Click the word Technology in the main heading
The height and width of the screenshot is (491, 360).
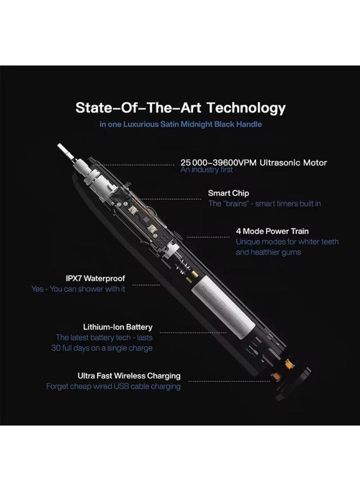tap(246, 108)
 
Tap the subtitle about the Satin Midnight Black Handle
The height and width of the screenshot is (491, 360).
tap(181, 124)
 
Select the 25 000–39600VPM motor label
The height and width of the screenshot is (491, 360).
tap(254, 163)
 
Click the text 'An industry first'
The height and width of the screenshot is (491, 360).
tap(207, 170)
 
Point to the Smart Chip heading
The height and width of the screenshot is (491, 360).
tap(229, 193)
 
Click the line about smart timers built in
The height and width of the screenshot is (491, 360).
tap(265, 203)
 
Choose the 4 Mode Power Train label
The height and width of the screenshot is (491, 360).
tap(272, 231)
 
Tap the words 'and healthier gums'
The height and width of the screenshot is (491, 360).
tap(268, 252)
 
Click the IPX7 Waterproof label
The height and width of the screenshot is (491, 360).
tap(95, 278)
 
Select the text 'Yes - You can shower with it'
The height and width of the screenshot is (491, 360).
tap(78, 289)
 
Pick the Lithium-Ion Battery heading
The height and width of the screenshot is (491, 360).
tap(118, 327)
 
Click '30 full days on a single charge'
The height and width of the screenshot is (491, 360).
tap(102, 348)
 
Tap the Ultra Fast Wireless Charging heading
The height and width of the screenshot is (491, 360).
tap(129, 375)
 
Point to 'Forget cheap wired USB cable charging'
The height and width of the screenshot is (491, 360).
tap(113, 386)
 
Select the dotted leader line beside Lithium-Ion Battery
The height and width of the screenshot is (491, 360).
tap(193, 333)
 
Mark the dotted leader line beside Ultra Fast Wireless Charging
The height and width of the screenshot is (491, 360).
tap(230, 381)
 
